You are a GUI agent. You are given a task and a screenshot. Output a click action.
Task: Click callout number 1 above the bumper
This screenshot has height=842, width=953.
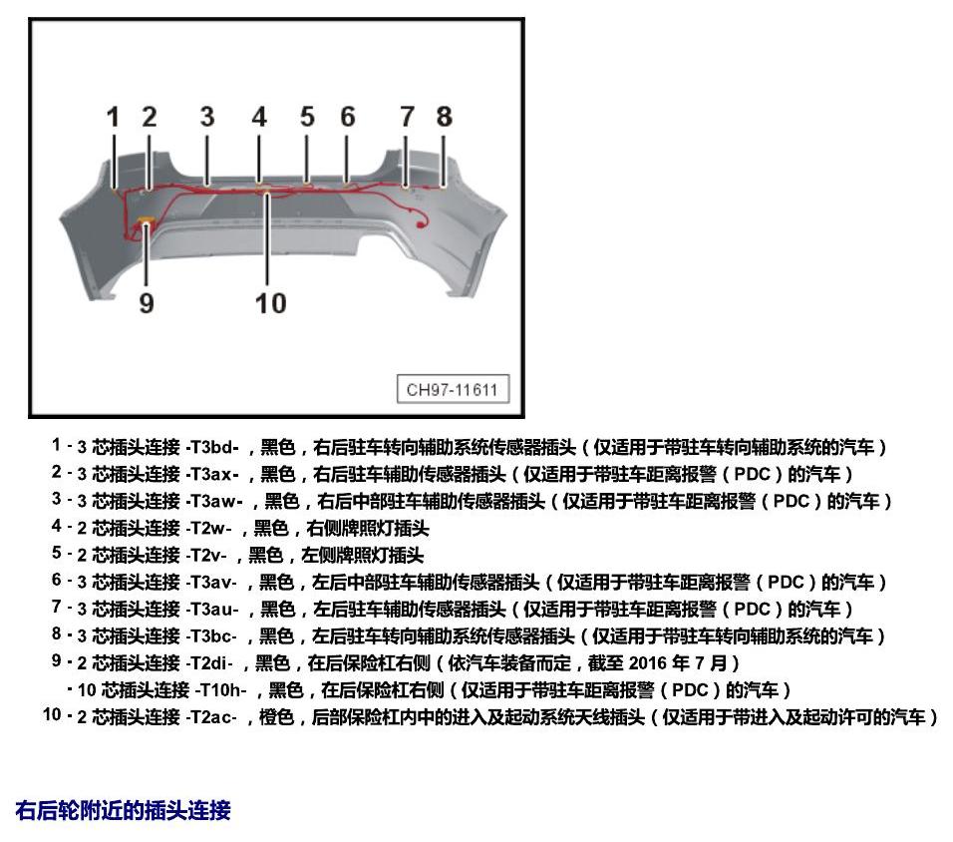pyautogui.click(x=113, y=117)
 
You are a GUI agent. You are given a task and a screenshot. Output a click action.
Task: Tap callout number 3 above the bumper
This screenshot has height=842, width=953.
pyautogui.click(x=207, y=117)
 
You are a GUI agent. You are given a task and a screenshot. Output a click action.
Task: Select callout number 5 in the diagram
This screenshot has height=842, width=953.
pyautogui.click(x=308, y=117)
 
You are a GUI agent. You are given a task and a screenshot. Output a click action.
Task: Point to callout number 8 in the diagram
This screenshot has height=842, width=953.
pyautogui.click(x=445, y=117)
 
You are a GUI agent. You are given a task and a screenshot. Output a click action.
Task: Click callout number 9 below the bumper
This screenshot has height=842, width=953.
pyautogui.click(x=147, y=302)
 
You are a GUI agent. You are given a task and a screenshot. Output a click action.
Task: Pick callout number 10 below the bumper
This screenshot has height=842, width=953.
pyautogui.click(x=270, y=303)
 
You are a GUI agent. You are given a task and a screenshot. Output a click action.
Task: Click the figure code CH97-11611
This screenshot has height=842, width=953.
pyautogui.click(x=453, y=389)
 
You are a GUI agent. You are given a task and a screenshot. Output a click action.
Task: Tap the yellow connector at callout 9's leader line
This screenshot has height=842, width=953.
pyautogui.click(x=146, y=221)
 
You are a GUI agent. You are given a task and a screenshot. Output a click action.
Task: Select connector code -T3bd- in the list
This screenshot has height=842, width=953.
pyautogui.click(x=212, y=448)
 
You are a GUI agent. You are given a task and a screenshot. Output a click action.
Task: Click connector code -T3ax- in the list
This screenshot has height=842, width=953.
pyautogui.click(x=212, y=475)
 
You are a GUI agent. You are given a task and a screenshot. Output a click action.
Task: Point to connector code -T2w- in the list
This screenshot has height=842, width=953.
pyautogui.click(x=208, y=528)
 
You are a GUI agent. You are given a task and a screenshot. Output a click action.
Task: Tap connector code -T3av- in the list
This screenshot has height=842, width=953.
pyautogui.click(x=211, y=583)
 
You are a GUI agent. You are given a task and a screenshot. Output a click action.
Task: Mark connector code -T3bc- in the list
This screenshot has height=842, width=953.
pyautogui.click(x=211, y=636)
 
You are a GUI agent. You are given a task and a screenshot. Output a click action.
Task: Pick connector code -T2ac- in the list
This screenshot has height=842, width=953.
pyautogui.click(x=211, y=717)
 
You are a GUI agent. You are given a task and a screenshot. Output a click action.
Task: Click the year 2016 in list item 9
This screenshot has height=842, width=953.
pyautogui.click(x=648, y=663)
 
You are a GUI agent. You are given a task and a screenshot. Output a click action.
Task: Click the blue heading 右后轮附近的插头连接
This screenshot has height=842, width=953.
pyautogui.click(x=123, y=811)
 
